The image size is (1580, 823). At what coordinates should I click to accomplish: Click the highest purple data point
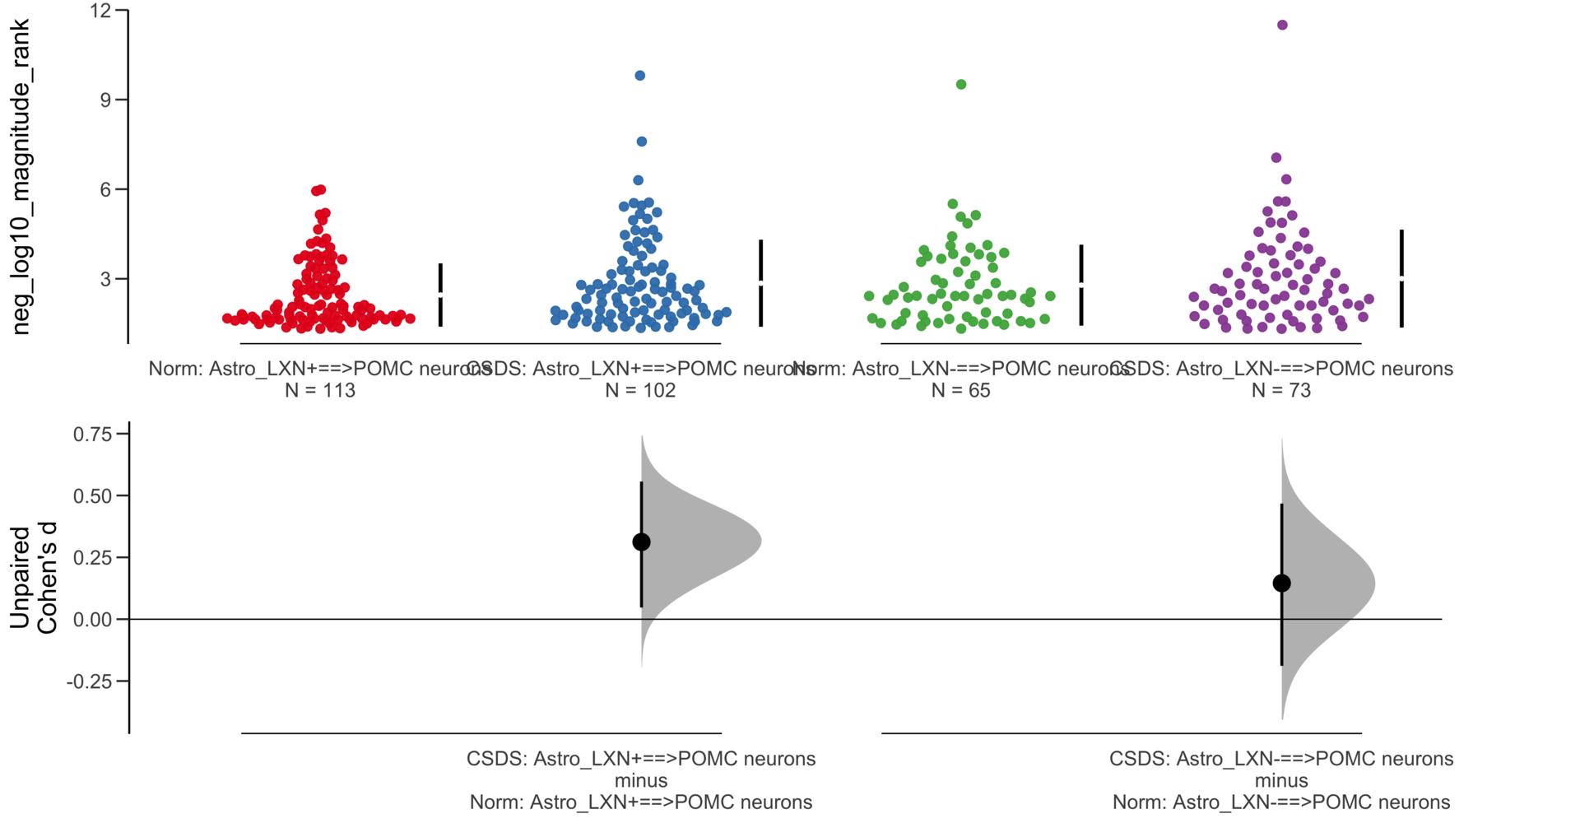(x=1282, y=26)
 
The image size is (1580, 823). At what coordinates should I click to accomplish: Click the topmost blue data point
(x=640, y=76)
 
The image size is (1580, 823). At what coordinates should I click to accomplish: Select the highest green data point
(x=961, y=85)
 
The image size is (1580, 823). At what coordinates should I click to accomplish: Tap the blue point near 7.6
(x=642, y=142)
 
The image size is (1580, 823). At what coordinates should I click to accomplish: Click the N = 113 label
(x=320, y=391)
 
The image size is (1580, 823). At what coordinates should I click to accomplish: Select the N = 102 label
(x=640, y=391)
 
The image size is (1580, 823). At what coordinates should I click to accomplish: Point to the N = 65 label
(x=961, y=391)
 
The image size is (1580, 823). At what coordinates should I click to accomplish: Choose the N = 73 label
(x=1281, y=391)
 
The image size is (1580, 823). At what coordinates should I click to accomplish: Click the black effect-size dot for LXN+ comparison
(x=641, y=542)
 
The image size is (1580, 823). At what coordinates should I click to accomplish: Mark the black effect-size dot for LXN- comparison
(x=1281, y=584)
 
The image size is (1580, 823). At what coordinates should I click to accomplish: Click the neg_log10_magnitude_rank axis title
(x=21, y=177)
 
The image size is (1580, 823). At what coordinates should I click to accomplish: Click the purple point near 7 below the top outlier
(x=1276, y=158)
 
